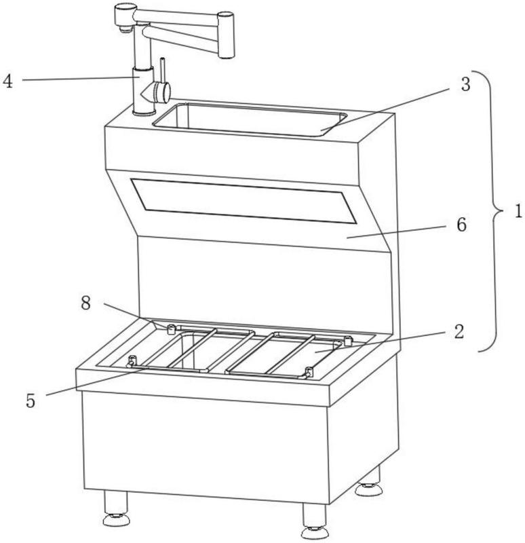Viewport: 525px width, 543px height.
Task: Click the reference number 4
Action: tap(7, 81)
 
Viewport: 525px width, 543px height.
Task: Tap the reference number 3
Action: tap(465, 84)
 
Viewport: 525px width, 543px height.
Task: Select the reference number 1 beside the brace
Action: tap(518, 211)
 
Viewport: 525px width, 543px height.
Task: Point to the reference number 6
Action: tap(462, 225)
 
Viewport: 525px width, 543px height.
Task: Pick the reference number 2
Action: tap(459, 332)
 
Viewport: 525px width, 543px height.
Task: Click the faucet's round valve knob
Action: tap(162, 92)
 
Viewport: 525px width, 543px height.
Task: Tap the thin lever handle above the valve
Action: tap(163, 71)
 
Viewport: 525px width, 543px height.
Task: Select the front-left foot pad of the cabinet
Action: tap(117, 519)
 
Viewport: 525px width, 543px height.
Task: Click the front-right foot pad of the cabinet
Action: tap(315, 532)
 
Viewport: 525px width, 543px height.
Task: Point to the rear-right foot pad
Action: tap(369, 489)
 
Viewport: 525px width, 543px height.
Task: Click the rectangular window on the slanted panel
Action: tap(244, 201)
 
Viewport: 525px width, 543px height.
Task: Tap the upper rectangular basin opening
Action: tap(250, 119)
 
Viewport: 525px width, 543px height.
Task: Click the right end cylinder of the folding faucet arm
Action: tap(226, 35)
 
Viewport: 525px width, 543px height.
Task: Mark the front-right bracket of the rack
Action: tap(309, 372)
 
